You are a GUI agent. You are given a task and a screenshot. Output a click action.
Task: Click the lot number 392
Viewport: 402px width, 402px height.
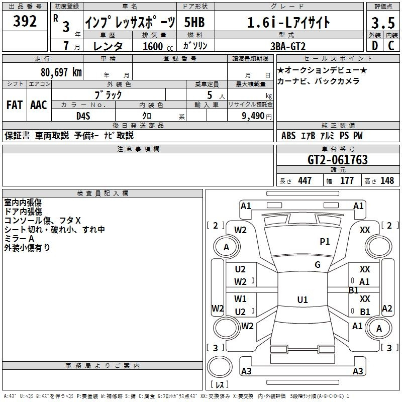[x=25, y=21]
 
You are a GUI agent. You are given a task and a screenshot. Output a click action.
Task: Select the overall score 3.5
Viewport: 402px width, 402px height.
[x=383, y=23]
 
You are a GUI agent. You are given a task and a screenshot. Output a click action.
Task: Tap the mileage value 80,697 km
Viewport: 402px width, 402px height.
[x=61, y=72]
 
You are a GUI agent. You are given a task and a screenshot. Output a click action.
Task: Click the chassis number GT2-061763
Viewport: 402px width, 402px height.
[x=338, y=160]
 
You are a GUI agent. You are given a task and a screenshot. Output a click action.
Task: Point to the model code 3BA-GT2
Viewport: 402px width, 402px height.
[x=288, y=46]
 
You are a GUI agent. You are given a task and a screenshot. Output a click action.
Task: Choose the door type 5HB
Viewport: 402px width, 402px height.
[x=194, y=22]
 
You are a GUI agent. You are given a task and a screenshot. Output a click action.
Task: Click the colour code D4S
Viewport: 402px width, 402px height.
[x=83, y=116]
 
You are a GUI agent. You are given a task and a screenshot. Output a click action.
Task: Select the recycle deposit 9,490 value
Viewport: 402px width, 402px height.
[x=253, y=116]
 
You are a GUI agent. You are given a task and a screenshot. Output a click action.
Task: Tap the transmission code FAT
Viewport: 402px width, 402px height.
[x=15, y=105]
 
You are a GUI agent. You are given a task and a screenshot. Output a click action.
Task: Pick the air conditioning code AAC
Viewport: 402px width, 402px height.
[x=39, y=105]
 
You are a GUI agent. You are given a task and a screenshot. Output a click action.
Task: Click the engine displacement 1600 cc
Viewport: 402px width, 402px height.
[x=158, y=46]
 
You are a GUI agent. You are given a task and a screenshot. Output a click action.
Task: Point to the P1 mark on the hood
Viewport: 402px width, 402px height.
[x=325, y=241]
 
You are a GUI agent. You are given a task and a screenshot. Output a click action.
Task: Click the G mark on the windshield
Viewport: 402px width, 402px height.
[x=318, y=265]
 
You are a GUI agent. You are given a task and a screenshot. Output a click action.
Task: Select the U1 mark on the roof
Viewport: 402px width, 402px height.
[x=303, y=299]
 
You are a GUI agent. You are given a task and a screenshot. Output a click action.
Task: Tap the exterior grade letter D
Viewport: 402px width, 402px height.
[x=375, y=46]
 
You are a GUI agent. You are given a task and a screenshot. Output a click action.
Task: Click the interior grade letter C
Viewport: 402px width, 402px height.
[x=391, y=46]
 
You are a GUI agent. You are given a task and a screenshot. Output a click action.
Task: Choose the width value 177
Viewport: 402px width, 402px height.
[x=347, y=180]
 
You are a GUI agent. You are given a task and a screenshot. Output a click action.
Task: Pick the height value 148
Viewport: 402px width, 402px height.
[x=387, y=180]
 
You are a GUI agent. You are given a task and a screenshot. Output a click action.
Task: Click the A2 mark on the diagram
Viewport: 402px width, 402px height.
[x=387, y=309]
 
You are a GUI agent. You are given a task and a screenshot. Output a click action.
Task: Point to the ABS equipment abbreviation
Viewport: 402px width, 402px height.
[x=288, y=136]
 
